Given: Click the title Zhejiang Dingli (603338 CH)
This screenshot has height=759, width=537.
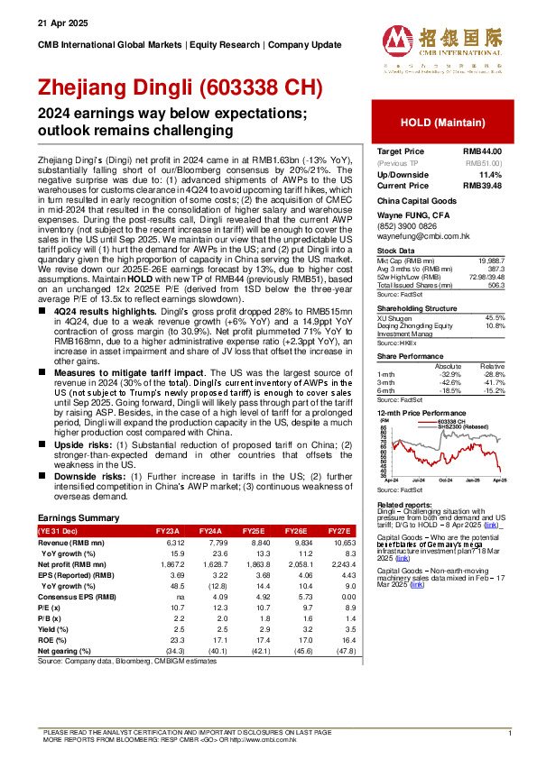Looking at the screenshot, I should [180, 88].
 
